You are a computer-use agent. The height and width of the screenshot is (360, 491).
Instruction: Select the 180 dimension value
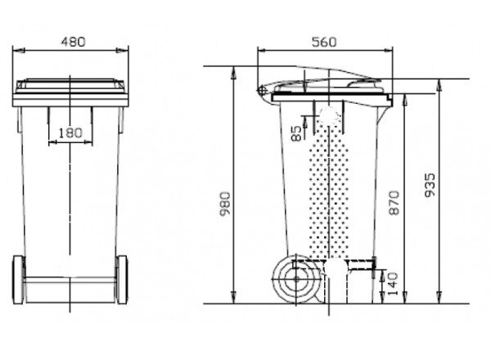[72, 133]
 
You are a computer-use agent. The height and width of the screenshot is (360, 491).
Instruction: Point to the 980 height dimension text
[226, 205]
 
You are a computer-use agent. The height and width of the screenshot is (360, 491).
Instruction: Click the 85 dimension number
[295, 133]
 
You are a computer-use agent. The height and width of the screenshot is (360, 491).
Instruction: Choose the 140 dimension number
[394, 284]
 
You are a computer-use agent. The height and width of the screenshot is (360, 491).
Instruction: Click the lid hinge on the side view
[262, 90]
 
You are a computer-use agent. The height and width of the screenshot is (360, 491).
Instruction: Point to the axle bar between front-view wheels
[70, 279]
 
